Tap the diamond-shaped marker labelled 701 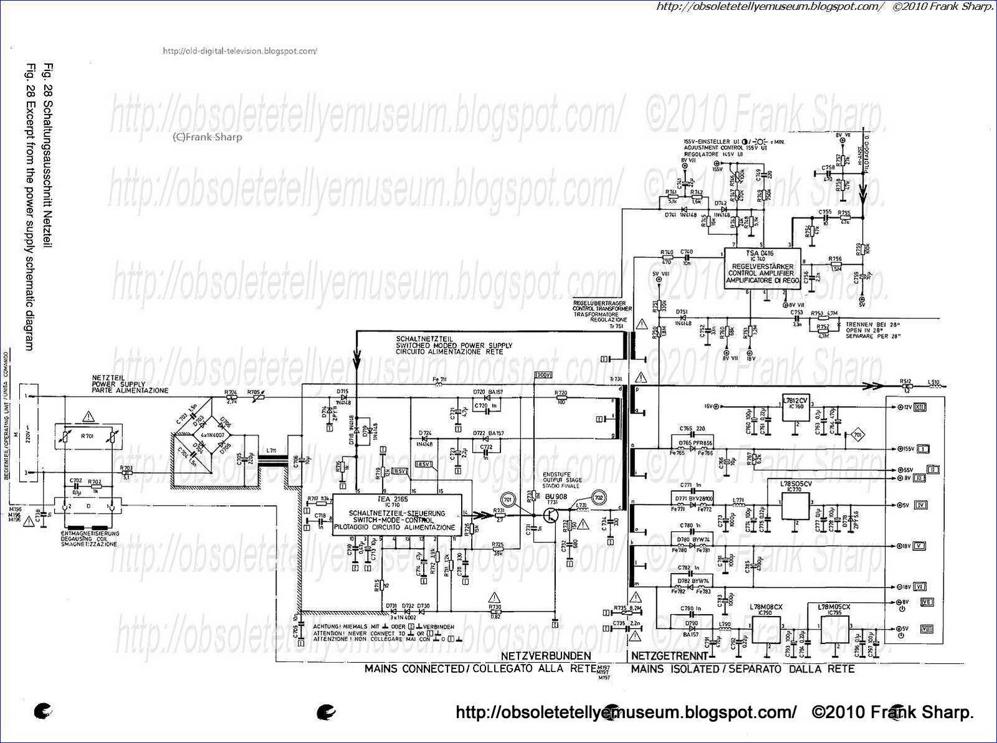(856, 433)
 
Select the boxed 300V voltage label (543, 375)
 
